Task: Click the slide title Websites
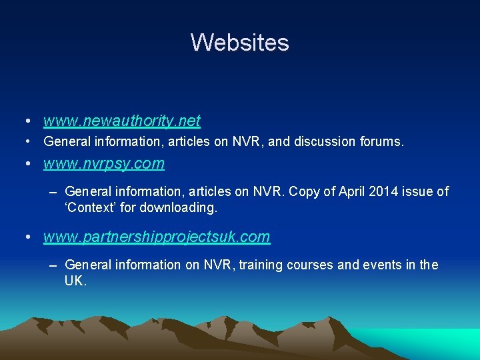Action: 240,43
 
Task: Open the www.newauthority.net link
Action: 121,121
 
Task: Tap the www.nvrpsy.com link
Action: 103,163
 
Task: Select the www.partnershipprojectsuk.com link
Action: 157,237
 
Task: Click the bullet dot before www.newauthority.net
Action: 25,121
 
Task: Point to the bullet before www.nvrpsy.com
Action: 25,164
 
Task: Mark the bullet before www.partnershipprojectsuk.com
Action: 25,237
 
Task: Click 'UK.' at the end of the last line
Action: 75,281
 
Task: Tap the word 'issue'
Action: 414,192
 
